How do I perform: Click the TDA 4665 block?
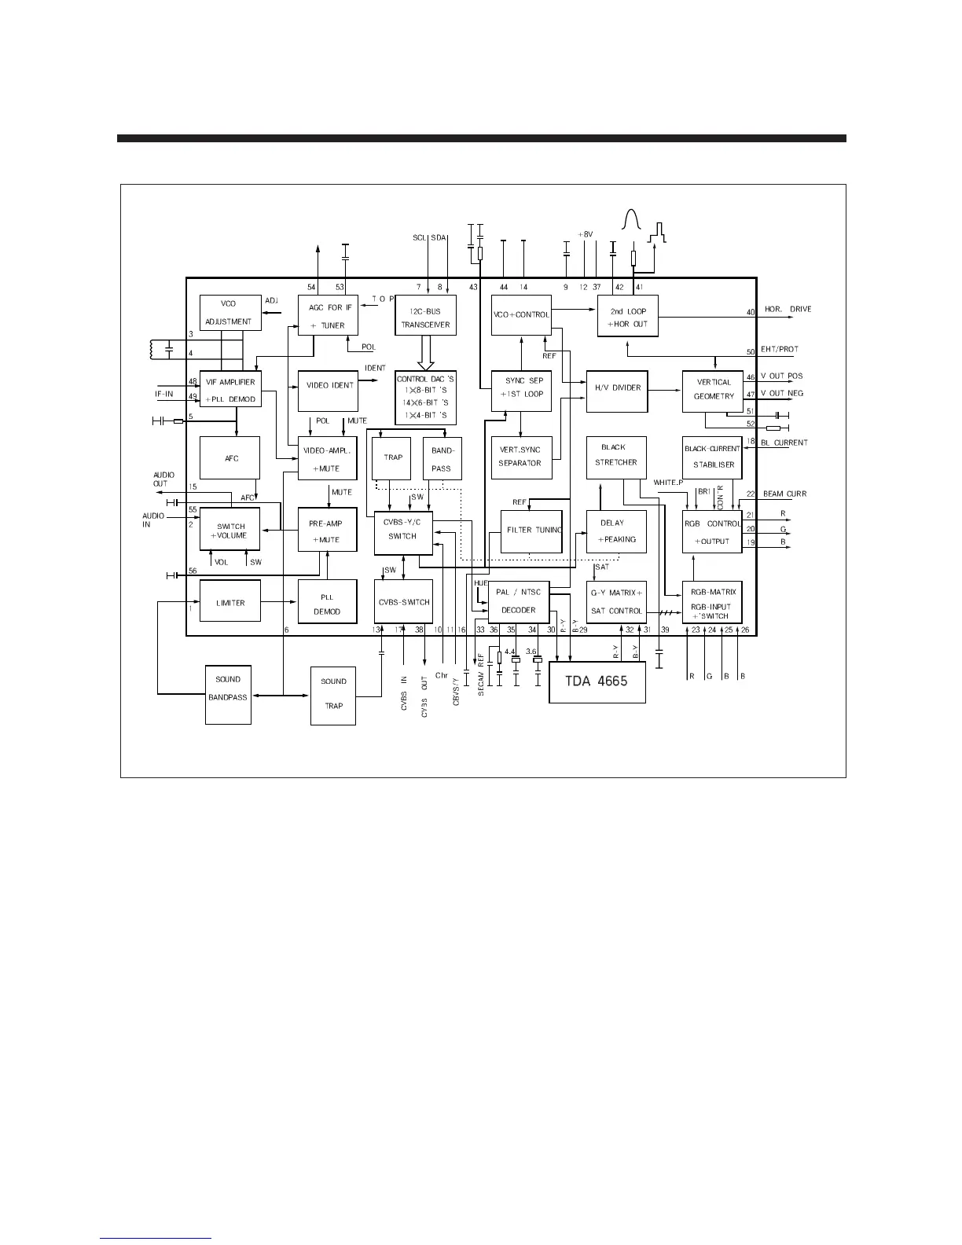coord(597,681)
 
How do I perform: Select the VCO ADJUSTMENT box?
coord(229,313)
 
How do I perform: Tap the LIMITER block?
coord(230,603)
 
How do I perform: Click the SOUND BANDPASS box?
coord(228,688)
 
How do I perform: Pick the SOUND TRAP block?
coord(333,694)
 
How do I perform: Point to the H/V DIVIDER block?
coord(617,388)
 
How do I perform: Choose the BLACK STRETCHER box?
coord(616,457)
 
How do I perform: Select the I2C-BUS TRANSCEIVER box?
coord(425,316)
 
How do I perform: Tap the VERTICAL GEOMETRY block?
coord(713,390)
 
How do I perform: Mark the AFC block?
coord(230,458)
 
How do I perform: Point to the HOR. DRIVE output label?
coord(788,310)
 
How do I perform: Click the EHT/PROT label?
coord(780,350)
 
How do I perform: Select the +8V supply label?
coord(586,234)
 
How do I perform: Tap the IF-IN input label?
coord(163,394)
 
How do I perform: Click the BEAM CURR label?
coord(784,494)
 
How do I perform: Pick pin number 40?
coord(751,313)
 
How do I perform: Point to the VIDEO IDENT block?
coord(328,387)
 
